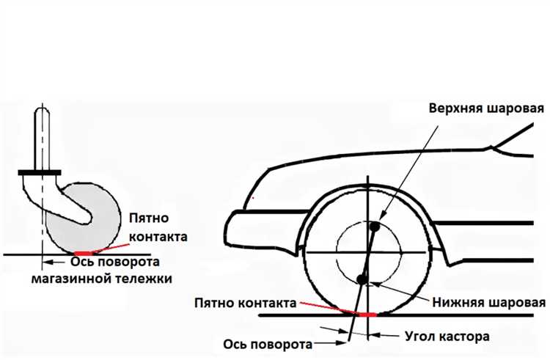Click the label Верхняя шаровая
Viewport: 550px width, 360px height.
click(x=486, y=108)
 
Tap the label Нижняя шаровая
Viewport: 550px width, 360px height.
click(x=489, y=302)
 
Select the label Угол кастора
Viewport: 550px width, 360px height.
click(x=447, y=337)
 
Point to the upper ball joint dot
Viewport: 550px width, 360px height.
click(x=375, y=227)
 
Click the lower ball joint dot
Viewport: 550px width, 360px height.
click(x=362, y=279)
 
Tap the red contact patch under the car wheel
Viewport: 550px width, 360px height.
click(x=367, y=315)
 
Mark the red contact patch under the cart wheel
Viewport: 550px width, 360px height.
click(x=84, y=253)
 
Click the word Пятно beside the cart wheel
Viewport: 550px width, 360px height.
click(x=149, y=218)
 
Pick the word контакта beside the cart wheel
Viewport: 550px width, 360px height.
click(x=158, y=237)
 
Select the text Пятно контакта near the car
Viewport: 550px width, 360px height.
click(x=246, y=303)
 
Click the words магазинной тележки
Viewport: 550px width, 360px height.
click(x=102, y=279)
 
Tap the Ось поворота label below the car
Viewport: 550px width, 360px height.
click(x=268, y=344)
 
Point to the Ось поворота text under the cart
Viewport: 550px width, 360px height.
click(x=115, y=262)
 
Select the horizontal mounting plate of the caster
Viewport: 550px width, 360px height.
click(x=40, y=173)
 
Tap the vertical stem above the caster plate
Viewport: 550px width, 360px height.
click(x=42, y=139)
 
